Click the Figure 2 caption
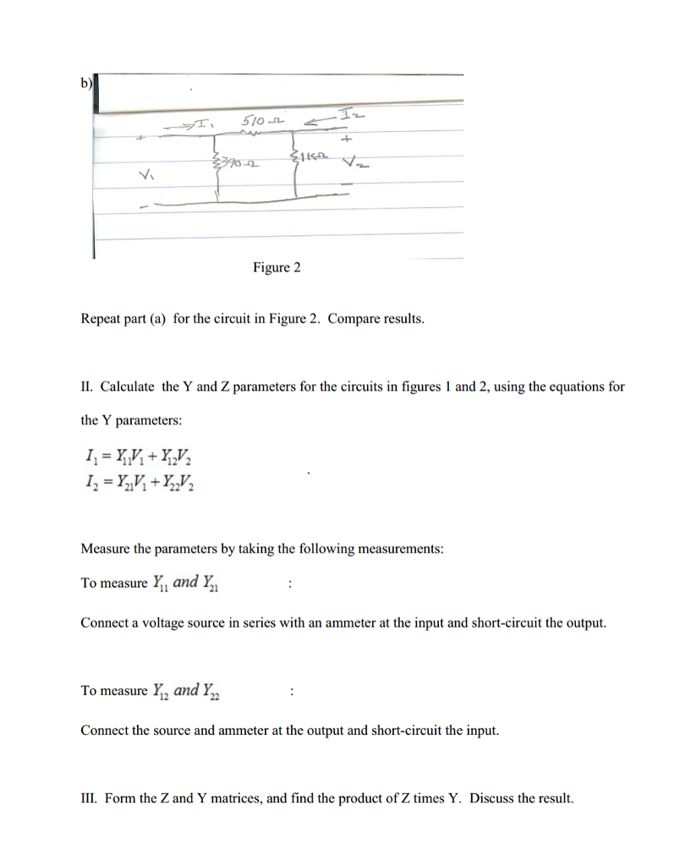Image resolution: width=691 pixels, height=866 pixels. point(277,268)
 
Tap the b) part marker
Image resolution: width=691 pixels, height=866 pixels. point(86,83)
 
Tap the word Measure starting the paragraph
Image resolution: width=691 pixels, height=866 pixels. point(105,549)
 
